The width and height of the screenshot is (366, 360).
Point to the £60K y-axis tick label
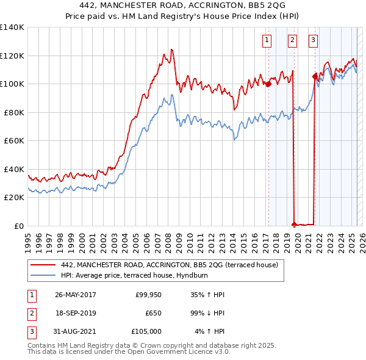click(14, 140)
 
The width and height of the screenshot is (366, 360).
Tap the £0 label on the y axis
click(20, 226)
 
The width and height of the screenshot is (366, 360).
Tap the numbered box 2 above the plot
click(292, 41)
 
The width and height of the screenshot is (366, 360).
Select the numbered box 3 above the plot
click(313, 41)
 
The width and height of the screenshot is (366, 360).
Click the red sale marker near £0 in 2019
click(294, 225)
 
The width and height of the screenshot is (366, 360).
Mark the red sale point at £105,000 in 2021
click(315, 77)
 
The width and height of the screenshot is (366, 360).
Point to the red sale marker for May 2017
click(268, 84)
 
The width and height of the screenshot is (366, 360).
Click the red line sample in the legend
click(43, 265)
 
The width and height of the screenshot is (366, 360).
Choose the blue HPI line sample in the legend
click(43, 276)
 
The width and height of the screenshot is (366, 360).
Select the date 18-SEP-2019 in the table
click(76, 313)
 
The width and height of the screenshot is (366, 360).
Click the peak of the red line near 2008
click(172, 49)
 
